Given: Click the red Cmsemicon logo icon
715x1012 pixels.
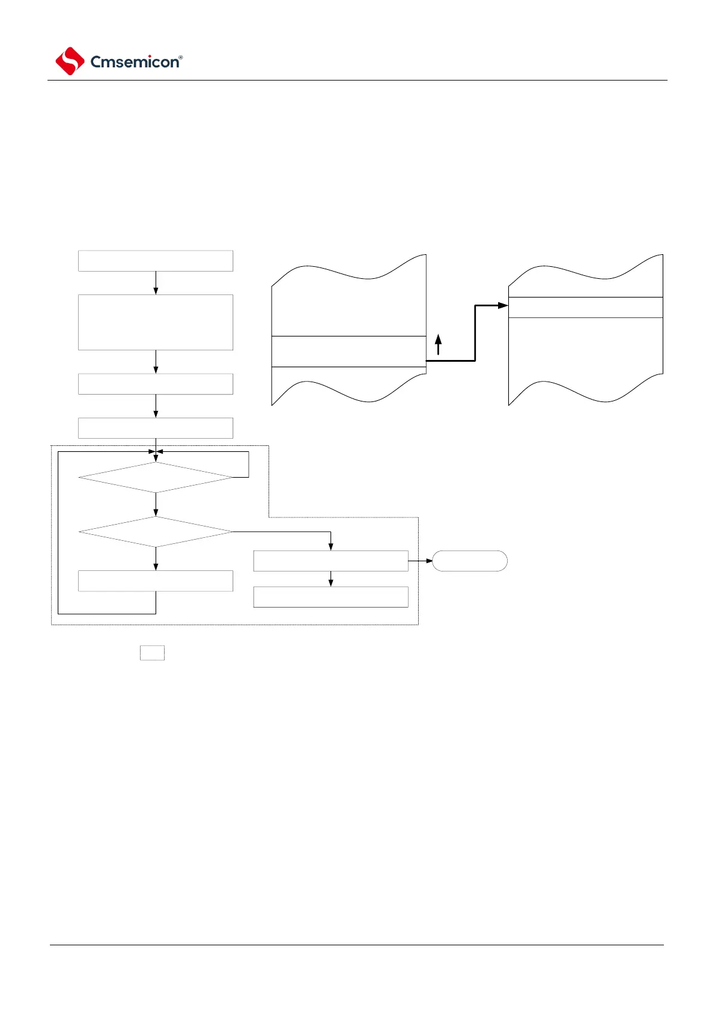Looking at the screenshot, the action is [x=70, y=61].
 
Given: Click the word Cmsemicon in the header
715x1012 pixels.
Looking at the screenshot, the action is [x=134, y=62].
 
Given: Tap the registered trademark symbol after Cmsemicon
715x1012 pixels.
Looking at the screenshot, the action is [x=181, y=58].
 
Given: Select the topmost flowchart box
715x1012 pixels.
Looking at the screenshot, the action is [x=156, y=261].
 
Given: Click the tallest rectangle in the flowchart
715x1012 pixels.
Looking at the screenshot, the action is [x=156, y=322].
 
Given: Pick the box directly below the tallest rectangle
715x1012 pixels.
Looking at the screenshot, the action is [x=156, y=384].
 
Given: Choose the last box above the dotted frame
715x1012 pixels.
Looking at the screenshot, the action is [x=156, y=428].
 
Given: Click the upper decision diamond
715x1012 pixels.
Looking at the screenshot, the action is [x=156, y=477].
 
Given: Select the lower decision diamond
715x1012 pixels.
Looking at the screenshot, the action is [x=156, y=532].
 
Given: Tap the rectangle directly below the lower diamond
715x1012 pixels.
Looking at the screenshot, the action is [x=156, y=581].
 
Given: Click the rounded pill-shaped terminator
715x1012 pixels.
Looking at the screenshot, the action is [x=470, y=561].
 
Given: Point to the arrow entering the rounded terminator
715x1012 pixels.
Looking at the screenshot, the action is [x=421, y=561].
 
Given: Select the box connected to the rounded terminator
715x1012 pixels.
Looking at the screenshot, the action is [x=330, y=561].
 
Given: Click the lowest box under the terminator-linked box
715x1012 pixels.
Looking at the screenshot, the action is [x=330, y=597].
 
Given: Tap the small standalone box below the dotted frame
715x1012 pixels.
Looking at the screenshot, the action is [x=152, y=653].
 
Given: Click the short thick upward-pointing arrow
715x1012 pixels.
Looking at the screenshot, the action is [x=439, y=345].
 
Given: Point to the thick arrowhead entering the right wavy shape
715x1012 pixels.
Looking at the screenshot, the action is [x=503, y=305].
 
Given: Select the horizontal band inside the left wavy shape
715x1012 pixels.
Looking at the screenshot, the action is [x=348, y=352].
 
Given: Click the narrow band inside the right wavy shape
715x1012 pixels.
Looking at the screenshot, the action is [x=586, y=307].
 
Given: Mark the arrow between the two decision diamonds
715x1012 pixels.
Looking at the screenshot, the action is [x=156, y=505].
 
